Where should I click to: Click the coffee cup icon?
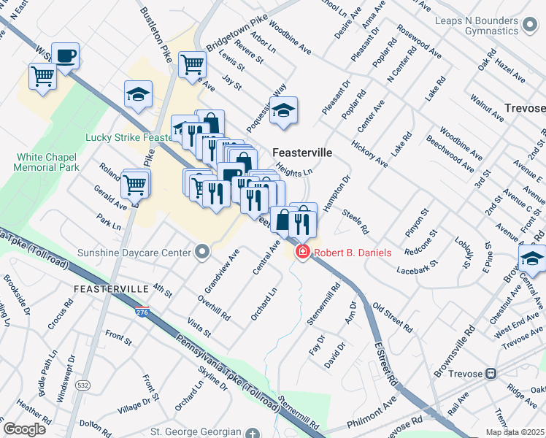[66, 56]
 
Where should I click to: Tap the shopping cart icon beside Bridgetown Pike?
[191, 64]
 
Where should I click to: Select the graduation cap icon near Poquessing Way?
[284, 111]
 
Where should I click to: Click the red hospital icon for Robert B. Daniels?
[301, 253]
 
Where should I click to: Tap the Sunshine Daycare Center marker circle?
[203, 253]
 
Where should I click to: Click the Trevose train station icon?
[491, 373]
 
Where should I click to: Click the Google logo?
[24, 429]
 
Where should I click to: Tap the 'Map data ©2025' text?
[514, 432]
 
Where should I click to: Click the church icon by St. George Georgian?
[253, 432]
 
